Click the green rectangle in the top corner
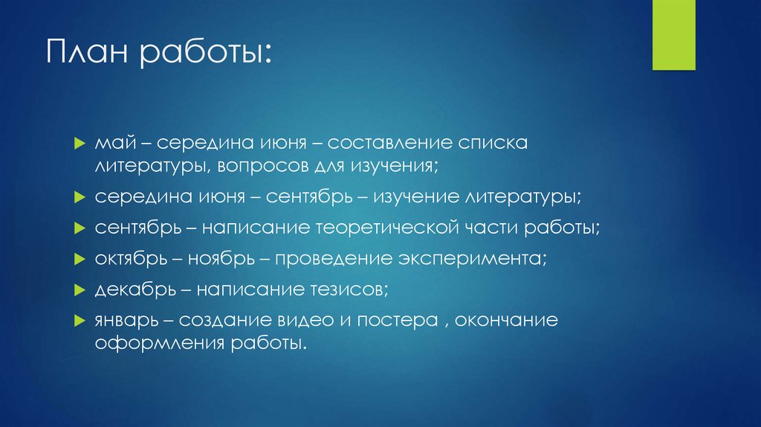(673, 35)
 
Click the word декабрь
(126, 289)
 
